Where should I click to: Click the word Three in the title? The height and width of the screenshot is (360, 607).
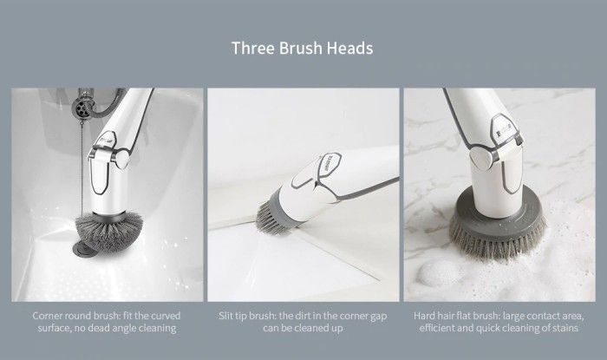click(253, 49)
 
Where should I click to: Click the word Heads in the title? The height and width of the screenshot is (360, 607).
click(349, 49)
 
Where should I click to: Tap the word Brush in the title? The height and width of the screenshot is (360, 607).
click(300, 49)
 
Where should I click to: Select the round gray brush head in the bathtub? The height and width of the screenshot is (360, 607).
click(108, 231)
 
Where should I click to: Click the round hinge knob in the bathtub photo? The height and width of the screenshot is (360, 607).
click(122, 159)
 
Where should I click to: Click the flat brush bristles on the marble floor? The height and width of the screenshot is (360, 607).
click(498, 241)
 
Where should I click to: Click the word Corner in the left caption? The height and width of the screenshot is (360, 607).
click(46, 316)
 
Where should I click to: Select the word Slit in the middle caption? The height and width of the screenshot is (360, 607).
click(225, 316)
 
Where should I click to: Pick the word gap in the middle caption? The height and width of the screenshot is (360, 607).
click(379, 317)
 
